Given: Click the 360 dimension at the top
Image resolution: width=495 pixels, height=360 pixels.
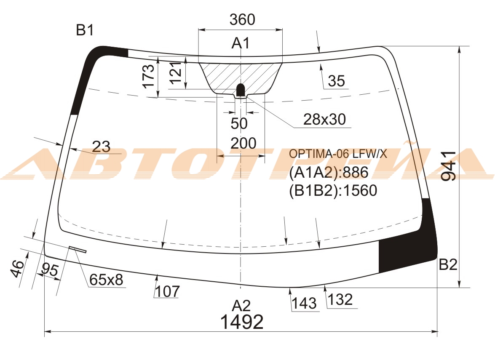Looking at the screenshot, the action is (x=242, y=19).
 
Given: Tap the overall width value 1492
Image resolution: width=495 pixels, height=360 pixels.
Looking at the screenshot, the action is (x=242, y=322).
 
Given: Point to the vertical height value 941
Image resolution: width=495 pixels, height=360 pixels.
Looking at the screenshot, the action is (x=449, y=165).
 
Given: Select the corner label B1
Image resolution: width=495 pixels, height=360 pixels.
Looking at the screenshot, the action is (x=85, y=30).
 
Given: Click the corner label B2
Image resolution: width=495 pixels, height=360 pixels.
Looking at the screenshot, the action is (x=448, y=264).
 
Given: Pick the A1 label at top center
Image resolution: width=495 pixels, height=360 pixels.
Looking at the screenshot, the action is (x=241, y=43).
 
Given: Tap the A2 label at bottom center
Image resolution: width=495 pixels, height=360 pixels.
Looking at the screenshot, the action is (x=241, y=305).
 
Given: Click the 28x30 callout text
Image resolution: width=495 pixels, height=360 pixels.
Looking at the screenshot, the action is (x=324, y=119).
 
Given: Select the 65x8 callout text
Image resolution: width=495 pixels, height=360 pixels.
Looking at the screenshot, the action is (x=106, y=280).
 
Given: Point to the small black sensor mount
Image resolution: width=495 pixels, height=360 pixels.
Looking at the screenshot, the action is (x=241, y=90).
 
